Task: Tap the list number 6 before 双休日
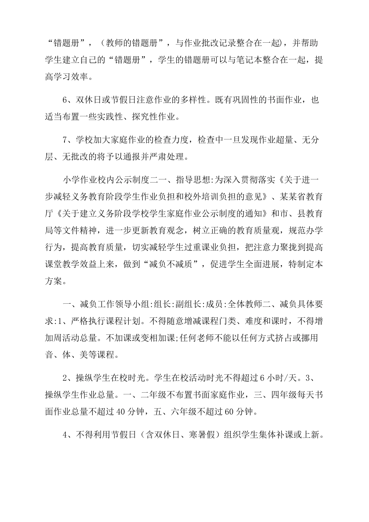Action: [x=65, y=100]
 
